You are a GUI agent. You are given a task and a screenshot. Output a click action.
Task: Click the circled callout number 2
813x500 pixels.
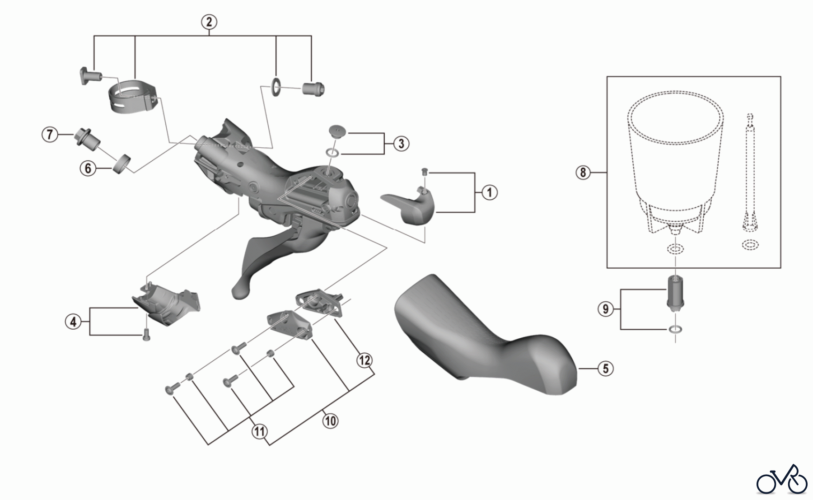click(209, 22)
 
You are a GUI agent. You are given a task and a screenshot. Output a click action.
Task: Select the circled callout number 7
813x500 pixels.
click(50, 135)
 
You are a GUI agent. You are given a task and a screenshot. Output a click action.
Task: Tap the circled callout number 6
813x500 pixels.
click(88, 169)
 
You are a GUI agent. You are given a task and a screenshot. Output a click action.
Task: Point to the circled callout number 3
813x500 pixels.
click(401, 144)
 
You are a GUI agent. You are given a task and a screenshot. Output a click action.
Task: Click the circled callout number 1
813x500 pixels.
click(489, 192)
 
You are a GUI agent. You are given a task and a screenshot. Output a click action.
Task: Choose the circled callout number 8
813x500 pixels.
click(583, 173)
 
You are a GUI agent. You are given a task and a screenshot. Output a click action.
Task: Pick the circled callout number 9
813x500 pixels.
click(606, 309)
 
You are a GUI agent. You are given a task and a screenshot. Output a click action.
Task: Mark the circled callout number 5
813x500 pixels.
click(606, 369)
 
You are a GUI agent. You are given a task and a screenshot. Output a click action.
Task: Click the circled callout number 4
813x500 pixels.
click(73, 322)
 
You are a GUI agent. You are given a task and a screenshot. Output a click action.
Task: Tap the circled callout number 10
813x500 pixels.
click(331, 421)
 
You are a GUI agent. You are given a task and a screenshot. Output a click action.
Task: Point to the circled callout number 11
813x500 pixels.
click(259, 431)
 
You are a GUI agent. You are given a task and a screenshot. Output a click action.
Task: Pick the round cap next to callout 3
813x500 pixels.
click(336, 131)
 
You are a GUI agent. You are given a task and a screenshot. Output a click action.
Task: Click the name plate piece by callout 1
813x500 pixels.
click(408, 206)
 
